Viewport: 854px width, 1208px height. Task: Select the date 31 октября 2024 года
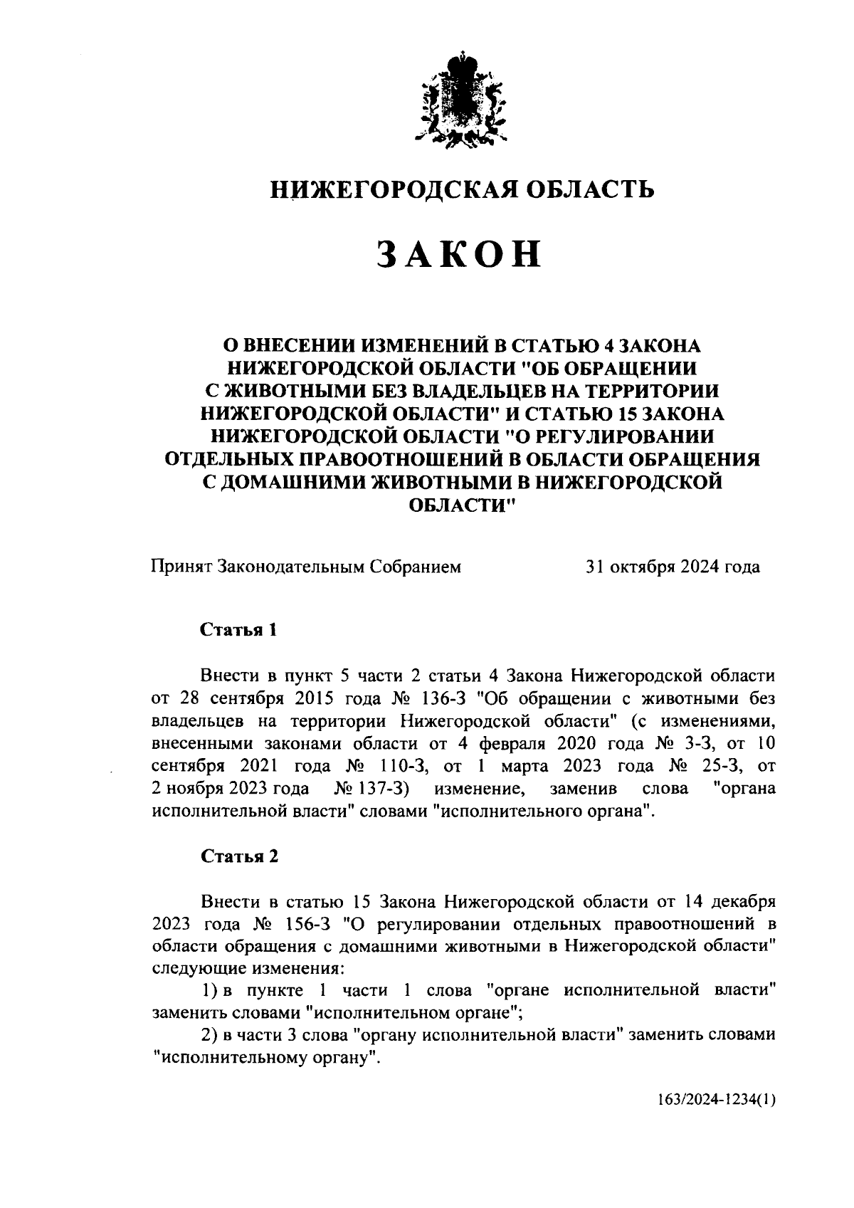(x=672, y=567)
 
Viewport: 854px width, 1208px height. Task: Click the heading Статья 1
(x=238, y=630)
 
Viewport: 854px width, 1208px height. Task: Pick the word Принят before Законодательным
(x=181, y=567)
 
